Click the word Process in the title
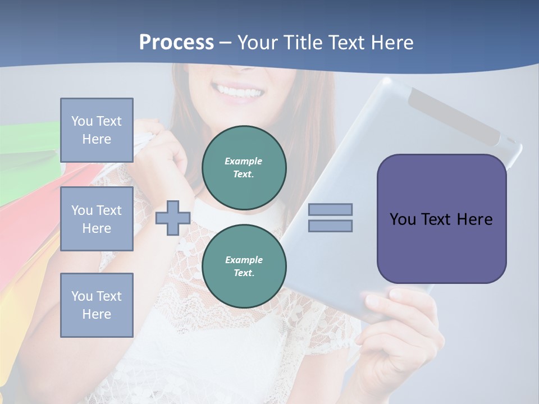click(x=176, y=43)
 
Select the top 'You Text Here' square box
click(x=97, y=130)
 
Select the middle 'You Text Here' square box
click(x=97, y=219)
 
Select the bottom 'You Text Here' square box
click(x=97, y=305)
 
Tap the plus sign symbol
click(x=173, y=218)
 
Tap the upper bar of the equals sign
click(x=330, y=209)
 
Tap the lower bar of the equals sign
click(x=330, y=226)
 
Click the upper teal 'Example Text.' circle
click(x=244, y=168)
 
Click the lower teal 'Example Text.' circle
click(x=244, y=267)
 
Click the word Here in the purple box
click(x=474, y=219)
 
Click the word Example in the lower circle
click(x=244, y=260)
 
